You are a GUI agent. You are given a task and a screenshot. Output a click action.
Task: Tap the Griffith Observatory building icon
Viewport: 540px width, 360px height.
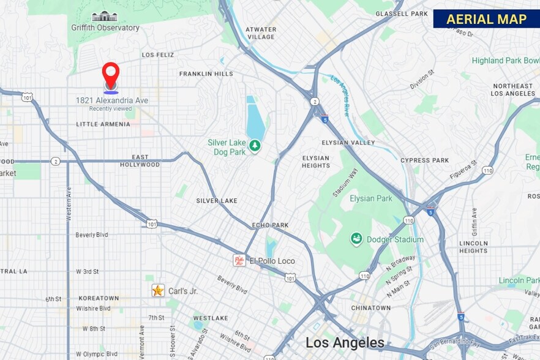tap(105, 16)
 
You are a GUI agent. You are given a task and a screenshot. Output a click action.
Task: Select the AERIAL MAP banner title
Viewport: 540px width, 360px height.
tap(486, 19)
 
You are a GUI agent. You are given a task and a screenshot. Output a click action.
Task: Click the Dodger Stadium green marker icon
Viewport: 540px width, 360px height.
tap(356, 239)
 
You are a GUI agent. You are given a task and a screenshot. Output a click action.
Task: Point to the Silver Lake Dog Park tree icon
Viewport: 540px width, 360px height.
tap(255, 146)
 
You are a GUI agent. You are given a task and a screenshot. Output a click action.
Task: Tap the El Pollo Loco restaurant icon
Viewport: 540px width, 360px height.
tap(239, 260)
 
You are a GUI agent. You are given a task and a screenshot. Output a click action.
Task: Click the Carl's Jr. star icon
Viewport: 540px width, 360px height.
tap(158, 290)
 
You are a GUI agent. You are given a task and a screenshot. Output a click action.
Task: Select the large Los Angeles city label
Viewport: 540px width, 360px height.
tap(345, 342)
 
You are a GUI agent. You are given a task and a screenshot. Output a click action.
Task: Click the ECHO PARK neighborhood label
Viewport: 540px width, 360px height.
tap(270, 225)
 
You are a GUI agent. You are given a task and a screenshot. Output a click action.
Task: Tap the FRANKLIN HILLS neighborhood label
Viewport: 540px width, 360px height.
tap(206, 73)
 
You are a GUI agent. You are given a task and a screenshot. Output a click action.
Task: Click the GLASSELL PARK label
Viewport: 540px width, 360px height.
tap(401, 13)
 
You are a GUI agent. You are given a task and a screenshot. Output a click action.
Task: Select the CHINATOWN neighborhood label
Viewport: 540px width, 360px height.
tap(370, 308)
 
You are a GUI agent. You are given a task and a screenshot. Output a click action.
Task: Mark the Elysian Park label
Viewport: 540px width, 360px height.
tap(370, 198)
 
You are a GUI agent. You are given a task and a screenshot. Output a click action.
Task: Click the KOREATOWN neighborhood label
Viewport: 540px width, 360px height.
tap(98, 299)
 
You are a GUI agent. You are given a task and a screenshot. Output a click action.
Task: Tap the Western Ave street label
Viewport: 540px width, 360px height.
tap(68, 204)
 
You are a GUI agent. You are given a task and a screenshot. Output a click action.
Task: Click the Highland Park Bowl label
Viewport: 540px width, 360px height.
tap(505, 61)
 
